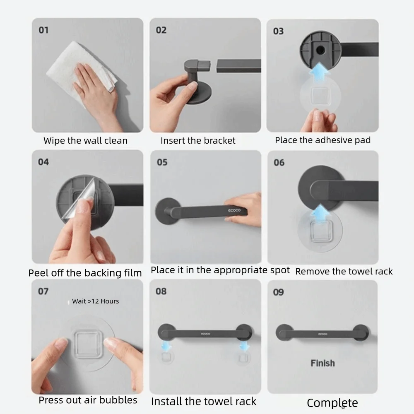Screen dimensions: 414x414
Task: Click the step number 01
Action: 43,30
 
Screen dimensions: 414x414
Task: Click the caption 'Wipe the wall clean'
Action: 86,140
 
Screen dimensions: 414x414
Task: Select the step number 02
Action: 161,30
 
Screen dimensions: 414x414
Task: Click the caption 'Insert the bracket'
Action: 198,140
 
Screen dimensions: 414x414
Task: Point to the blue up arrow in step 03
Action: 320,71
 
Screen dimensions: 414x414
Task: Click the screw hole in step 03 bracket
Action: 320,50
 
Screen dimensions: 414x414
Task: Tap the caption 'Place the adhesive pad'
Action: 323,140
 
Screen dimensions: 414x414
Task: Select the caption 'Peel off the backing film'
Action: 85,273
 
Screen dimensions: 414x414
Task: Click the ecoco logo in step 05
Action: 234,210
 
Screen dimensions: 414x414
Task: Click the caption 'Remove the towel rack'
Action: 344,272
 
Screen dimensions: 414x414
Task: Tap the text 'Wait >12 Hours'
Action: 96,301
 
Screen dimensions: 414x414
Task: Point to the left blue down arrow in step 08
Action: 166,346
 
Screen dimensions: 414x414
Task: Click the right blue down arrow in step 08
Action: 244,346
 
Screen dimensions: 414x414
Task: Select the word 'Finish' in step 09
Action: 323,363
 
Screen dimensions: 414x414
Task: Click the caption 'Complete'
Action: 332,403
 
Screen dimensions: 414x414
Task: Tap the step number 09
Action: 278,292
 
